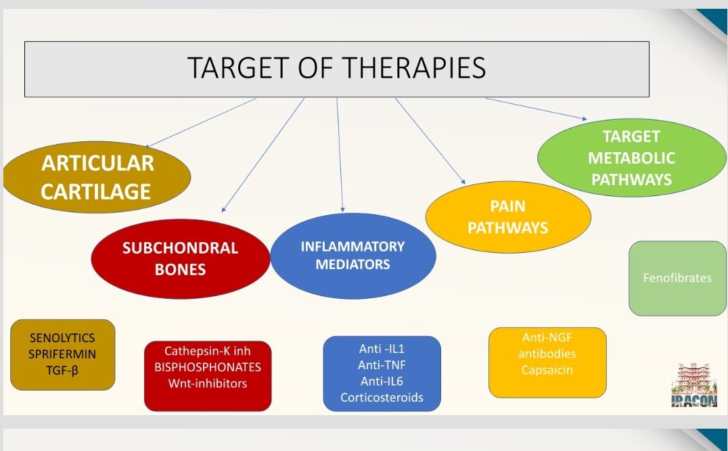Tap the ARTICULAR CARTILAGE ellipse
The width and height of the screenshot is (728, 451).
tap(97, 177)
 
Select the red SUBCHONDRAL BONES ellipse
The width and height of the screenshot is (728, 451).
tap(180, 259)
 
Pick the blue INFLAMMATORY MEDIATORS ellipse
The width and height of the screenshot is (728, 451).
tap(352, 255)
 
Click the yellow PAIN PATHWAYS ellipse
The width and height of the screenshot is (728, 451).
tap(507, 216)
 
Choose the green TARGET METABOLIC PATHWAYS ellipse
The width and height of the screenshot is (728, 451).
tap(631, 158)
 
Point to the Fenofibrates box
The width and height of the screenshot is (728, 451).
tap(677, 278)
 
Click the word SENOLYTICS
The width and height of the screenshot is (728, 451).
tap(63, 337)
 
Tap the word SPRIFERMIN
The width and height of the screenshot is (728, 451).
tap(63, 354)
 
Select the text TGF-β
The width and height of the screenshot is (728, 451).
tap(63, 370)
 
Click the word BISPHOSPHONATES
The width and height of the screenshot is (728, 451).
tap(208, 367)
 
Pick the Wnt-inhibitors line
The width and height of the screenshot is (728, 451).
tap(208, 383)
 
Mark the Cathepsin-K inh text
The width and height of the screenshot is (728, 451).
tap(208, 351)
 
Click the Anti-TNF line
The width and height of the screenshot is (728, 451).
tap(382, 365)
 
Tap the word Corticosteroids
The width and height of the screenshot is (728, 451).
tap(382, 398)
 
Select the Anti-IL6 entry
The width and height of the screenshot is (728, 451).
tap(382, 381)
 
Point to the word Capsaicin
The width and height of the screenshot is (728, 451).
tap(547, 370)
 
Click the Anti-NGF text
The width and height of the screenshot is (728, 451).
tap(547, 337)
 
